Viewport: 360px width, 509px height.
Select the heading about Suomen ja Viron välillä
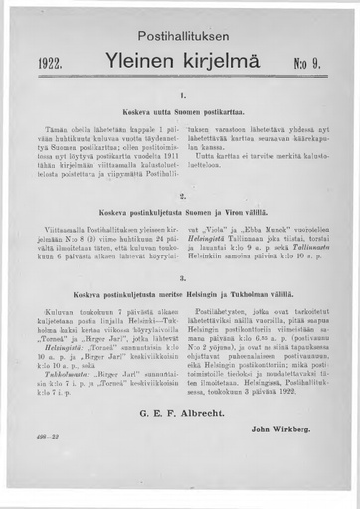click(x=183, y=212)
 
